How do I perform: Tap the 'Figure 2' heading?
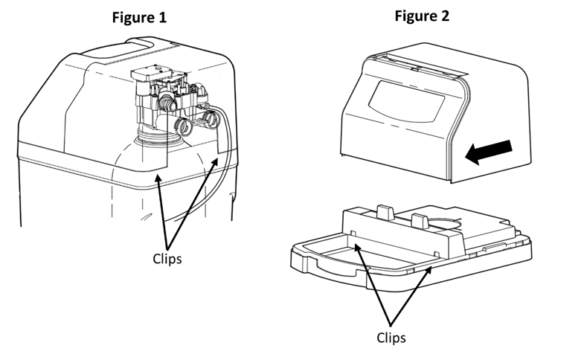pyautogui.click(x=422, y=16)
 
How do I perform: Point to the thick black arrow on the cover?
pyautogui.click(x=489, y=151)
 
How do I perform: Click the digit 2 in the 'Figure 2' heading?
pyautogui.click(x=446, y=16)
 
